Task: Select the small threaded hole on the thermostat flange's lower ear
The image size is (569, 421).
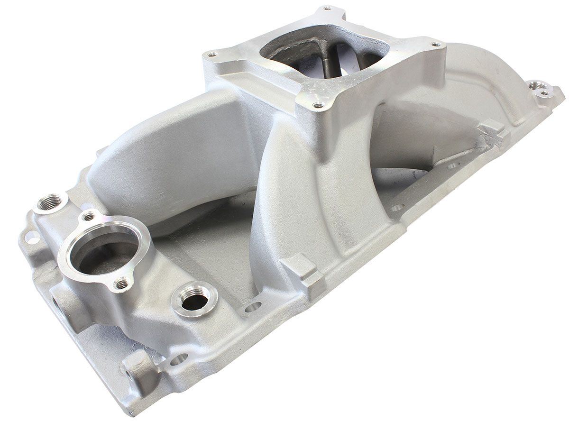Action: (123, 284)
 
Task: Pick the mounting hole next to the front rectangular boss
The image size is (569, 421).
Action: (253, 308)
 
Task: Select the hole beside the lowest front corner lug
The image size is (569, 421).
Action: (179, 359)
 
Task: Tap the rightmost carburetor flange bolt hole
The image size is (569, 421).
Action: (435, 44)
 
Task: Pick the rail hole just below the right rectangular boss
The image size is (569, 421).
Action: (453, 165)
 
